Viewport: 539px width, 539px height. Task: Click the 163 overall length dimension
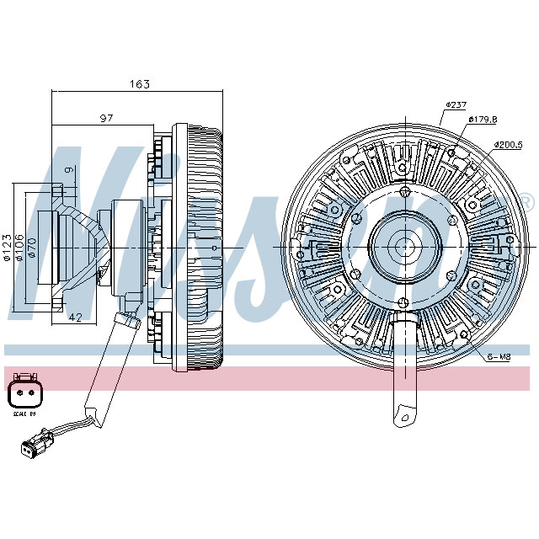[139, 84]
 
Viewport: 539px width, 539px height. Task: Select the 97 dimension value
[106, 119]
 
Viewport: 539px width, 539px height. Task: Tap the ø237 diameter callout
[456, 104]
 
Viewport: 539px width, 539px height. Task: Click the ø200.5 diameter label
[509, 144]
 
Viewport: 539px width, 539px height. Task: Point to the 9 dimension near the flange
[71, 171]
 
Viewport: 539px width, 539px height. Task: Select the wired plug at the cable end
[37, 444]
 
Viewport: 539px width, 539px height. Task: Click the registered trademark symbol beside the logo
[526, 201]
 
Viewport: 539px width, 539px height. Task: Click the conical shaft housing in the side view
[80, 245]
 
